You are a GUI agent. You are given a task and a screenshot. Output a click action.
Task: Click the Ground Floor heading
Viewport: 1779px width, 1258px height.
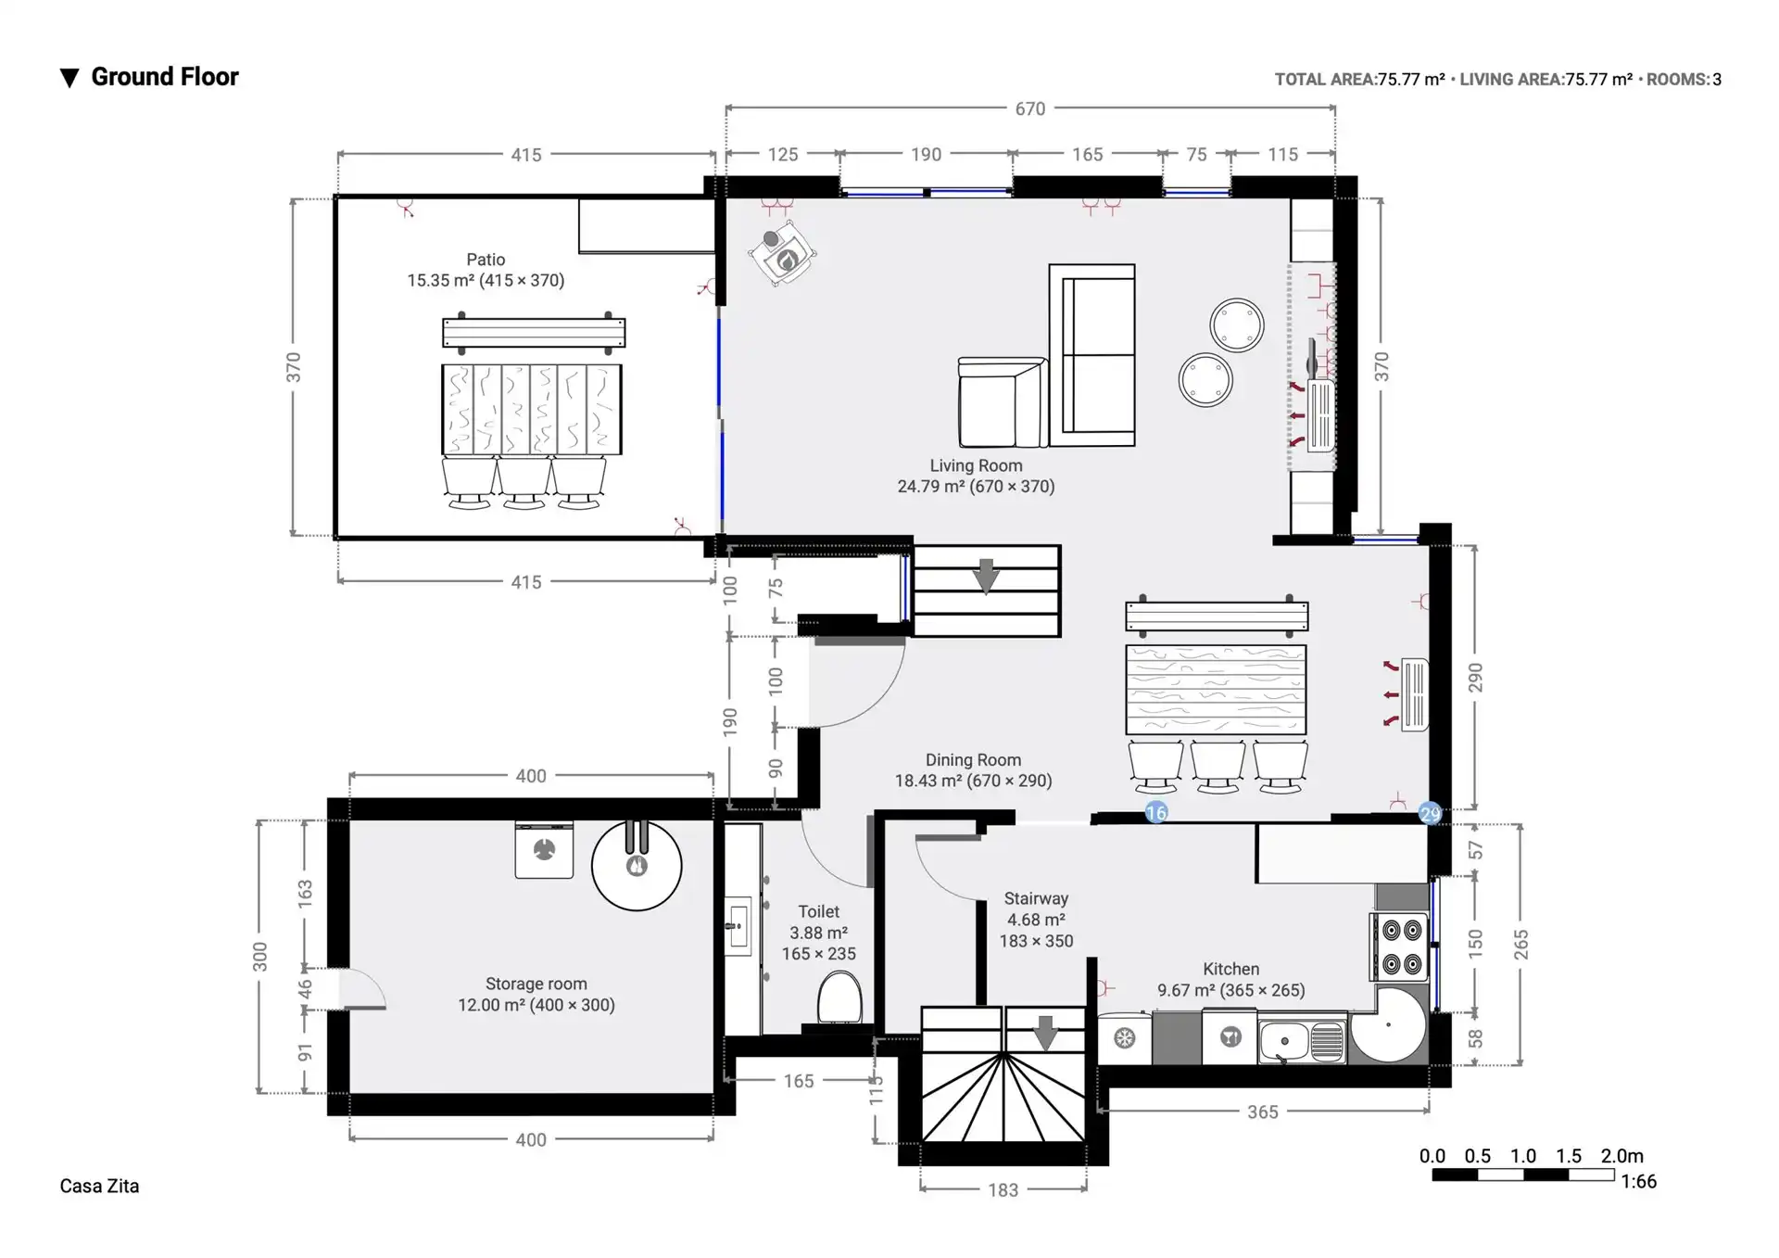(x=164, y=77)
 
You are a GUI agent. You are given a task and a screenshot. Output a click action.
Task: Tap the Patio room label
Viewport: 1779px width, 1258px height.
(x=486, y=260)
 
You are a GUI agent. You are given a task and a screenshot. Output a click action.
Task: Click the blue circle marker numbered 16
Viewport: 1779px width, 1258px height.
(x=1156, y=813)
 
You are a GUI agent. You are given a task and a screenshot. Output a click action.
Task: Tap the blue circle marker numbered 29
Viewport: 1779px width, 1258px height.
(x=1431, y=814)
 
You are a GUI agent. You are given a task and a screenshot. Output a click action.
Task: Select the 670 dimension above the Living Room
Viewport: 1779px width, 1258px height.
(x=1029, y=108)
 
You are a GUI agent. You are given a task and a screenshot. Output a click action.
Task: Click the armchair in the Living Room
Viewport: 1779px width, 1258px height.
(x=1001, y=403)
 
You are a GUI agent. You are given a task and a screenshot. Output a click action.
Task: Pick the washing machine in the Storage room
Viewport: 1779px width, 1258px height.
(x=544, y=849)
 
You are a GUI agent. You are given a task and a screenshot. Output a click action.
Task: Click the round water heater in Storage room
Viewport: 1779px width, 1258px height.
(x=637, y=865)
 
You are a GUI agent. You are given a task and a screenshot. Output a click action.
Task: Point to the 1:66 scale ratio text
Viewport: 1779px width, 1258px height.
(x=1638, y=1181)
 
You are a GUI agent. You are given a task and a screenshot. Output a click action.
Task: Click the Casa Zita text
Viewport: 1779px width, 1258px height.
(x=99, y=1186)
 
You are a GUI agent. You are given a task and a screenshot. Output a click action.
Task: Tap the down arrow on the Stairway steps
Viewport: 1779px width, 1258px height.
(x=1045, y=1033)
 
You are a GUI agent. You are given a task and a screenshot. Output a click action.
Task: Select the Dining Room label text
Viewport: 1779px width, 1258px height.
(x=973, y=760)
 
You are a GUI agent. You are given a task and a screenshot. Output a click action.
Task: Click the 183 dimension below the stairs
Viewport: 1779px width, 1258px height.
(x=1003, y=1189)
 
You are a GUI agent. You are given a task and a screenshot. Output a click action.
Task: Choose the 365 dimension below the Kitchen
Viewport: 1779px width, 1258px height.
(x=1262, y=1112)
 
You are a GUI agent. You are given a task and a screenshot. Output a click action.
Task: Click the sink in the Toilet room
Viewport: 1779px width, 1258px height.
(x=738, y=925)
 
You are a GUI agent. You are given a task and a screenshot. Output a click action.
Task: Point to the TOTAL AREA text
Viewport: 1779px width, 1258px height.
(x=1325, y=80)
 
